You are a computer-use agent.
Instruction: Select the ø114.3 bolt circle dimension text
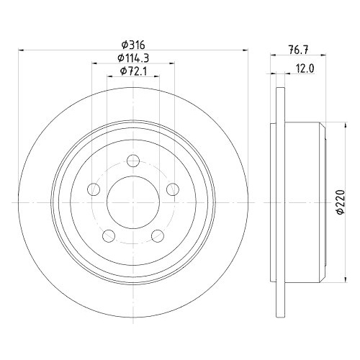pos(133,58)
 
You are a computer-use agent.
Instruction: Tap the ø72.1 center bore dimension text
pos(133,71)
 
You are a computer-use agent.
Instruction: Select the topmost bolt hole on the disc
pos(133,161)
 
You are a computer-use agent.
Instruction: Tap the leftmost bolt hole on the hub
pos(93,189)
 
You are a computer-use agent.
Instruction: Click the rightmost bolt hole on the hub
pos(173,189)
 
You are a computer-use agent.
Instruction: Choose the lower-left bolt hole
pos(108,235)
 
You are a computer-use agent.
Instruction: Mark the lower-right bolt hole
pos(158,235)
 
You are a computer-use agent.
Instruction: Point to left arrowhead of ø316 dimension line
pos(21,50)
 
